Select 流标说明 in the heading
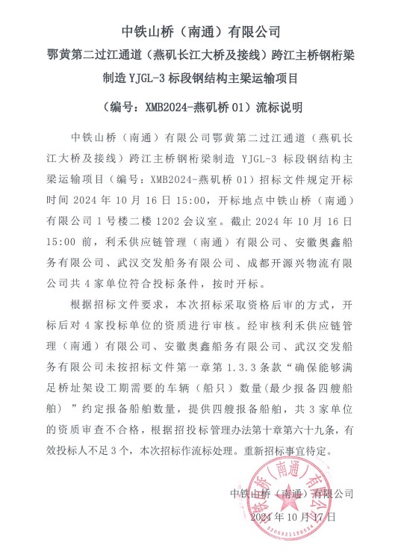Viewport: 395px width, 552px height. tap(279, 107)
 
